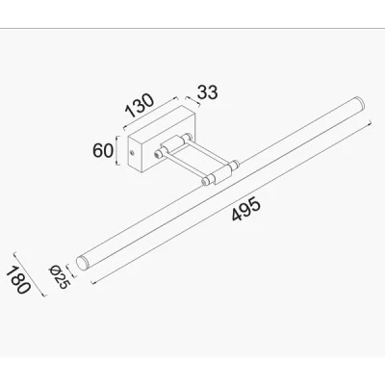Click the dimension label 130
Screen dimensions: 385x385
(140, 105)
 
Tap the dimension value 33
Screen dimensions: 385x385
(207, 92)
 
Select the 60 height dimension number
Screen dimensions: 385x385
(103, 151)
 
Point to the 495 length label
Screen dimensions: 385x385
(245, 210)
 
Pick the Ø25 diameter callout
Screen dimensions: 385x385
(59, 277)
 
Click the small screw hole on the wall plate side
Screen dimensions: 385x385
(132, 152)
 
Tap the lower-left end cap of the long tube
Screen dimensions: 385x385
(82, 263)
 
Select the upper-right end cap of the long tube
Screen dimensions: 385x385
(359, 103)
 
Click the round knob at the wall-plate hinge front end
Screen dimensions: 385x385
(158, 154)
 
